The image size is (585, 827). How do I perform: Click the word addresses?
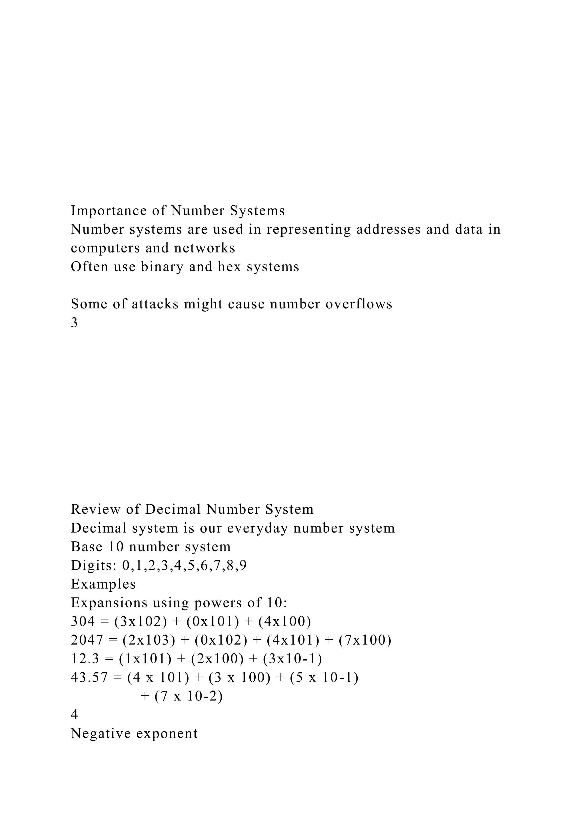point(388,229)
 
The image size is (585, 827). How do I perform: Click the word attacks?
point(155,304)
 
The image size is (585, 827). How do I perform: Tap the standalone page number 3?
point(74,323)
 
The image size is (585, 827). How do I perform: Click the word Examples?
point(103,584)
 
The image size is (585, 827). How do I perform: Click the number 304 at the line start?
point(83,621)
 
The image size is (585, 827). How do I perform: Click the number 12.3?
point(85,659)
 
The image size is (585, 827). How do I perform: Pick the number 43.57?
point(89,678)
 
